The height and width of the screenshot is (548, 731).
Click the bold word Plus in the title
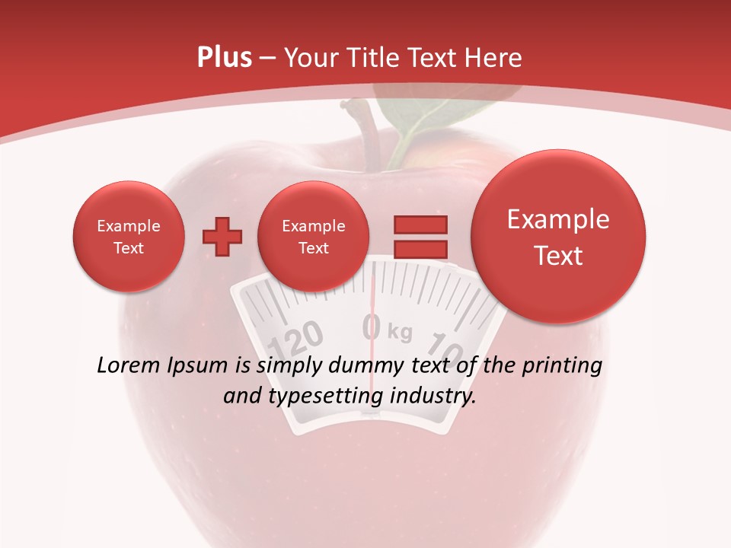tap(224, 58)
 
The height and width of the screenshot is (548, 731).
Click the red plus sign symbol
tap(222, 237)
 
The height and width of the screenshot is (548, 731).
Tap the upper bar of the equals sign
tap(420, 225)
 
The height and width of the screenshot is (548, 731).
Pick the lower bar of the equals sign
tap(420, 249)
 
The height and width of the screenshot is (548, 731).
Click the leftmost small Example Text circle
tap(129, 237)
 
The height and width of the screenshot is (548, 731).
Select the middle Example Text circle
tap(314, 237)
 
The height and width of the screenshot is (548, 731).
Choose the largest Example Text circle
tap(558, 237)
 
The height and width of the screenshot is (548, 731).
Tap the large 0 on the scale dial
tap(372, 327)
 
